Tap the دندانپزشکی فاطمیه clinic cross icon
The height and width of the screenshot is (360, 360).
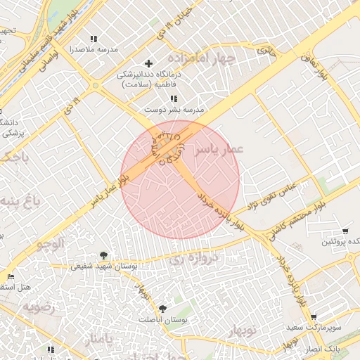(148, 63)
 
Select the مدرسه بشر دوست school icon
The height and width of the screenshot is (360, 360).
(174, 98)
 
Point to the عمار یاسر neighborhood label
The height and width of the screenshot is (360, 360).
(218, 149)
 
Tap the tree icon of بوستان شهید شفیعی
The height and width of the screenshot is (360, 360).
(104, 255)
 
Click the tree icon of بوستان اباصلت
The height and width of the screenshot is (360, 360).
(162, 308)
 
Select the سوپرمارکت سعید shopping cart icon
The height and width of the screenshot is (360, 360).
(313, 317)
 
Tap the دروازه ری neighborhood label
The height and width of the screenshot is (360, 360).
(195, 258)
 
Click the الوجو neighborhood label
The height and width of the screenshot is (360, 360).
(51, 243)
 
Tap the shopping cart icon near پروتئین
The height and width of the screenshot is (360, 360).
(345, 231)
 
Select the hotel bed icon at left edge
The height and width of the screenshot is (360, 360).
(10, 276)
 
